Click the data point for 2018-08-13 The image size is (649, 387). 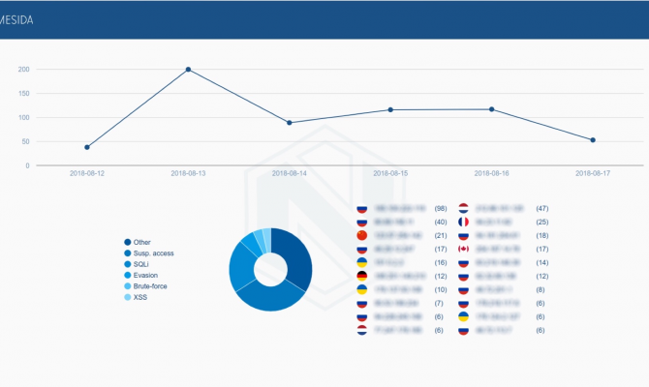coord(188,70)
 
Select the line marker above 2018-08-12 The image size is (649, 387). coord(87,147)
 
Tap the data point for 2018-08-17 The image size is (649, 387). coord(593,140)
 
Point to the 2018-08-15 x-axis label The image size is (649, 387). coord(390,174)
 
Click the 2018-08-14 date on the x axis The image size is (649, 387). coord(290,174)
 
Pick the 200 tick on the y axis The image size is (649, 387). coord(23,70)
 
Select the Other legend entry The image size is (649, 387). coord(142,243)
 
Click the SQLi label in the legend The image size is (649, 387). coord(141,264)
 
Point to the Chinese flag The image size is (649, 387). coord(363,235)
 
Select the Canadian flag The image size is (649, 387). coord(463,249)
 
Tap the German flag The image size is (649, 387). coord(363,276)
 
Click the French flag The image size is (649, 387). coord(463,222)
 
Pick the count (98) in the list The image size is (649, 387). coord(440,208)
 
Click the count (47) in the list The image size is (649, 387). coord(542,208)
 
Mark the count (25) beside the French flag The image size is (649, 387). coord(542,222)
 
